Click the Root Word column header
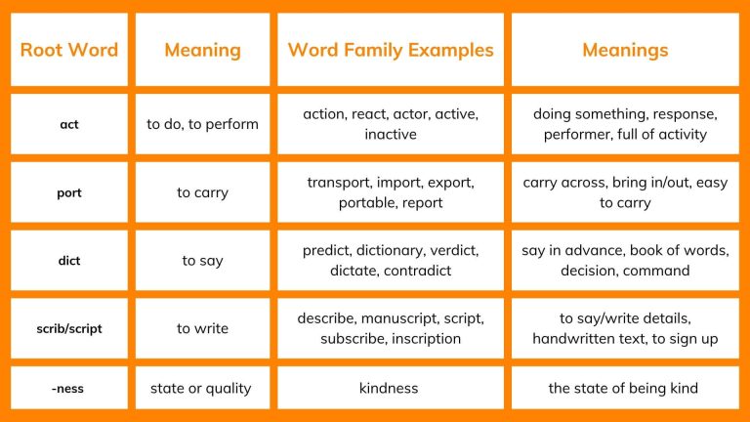pyautogui.click(x=68, y=50)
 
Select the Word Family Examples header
pyautogui.click(x=391, y=50)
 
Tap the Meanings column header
pyautogui.click(x=625, y=50)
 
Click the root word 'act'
pyautogui.click(x=68, y=124)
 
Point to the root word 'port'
pyautogui.click(x=68, y=192)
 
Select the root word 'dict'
pyautogui.click(x=68, y=261)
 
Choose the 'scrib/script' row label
pyautogui.click(x=68, y=328)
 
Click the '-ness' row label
pyautogui.click(x=68, y=388)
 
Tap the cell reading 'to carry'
pyautogui.click(x=202, y=192)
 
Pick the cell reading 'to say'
pyautogui.click(x=202, y=261)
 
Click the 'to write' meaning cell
pyautogui.click(x=202, y=328)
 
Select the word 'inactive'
pyautogui.click(x=390, y=134)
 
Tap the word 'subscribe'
pyautogui.click(x=354, y=339)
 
